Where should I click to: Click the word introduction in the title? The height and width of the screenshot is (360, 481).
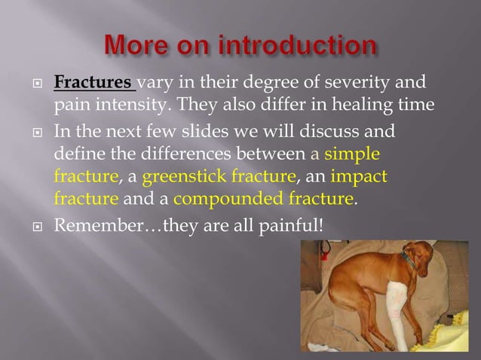300,44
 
